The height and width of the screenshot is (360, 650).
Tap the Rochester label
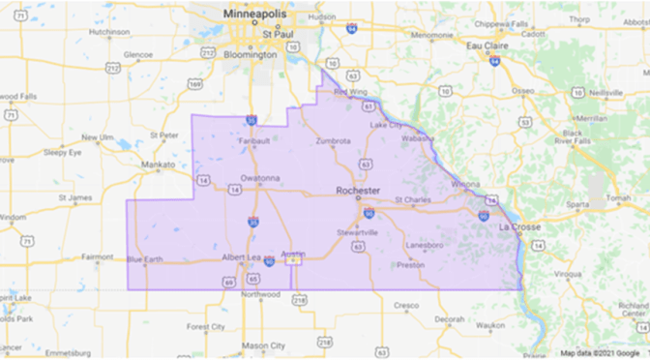point(358,190)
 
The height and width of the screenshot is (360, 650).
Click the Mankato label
point(158,165)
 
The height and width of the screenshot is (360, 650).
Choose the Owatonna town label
point(260,178)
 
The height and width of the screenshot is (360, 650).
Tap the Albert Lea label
point(244,256)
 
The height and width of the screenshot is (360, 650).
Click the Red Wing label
point(351,93)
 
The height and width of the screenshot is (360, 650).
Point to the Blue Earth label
point(146,258)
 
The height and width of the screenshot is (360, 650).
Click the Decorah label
point(449,318)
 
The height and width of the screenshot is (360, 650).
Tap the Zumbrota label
point(334,141)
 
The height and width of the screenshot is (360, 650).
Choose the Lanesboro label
point(425,245)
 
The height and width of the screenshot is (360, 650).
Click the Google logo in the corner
point(629,353)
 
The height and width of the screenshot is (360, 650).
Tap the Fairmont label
point(98,256)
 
